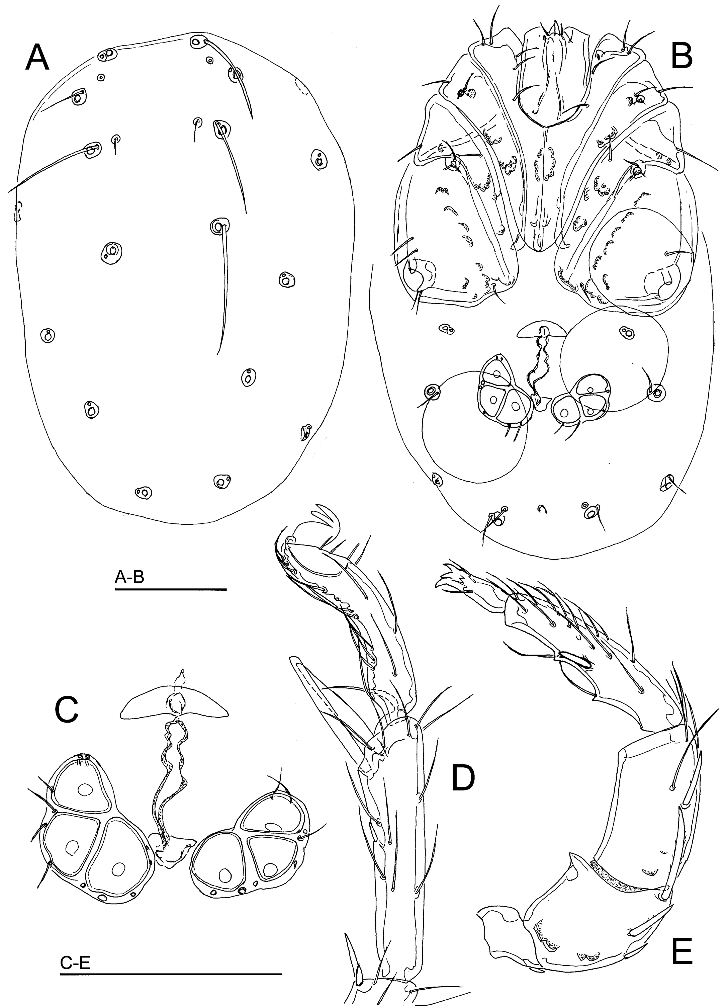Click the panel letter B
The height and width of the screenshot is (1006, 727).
682,56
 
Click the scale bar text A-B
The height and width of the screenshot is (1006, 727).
129,578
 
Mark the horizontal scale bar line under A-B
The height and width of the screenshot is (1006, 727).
171,589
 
